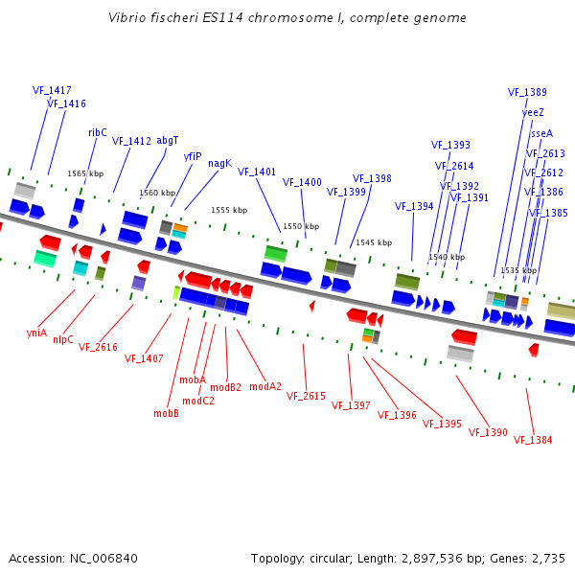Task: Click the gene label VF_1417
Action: (x=52, y=90)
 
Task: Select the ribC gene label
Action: (x=98, y=132)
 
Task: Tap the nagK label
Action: (x=219, y=163)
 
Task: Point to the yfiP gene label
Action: (x=193, y=155)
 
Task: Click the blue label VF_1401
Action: (x=257, y=172)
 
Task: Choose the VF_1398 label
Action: (x=372, y=178)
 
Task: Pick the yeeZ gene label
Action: (x=533, y=112)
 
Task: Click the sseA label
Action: (x=541, y=133)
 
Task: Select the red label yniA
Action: (x=36, y=333)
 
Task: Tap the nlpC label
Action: (x=63, y=339)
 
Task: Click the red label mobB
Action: (x=166, y=414)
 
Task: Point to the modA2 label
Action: (x=265, y=387)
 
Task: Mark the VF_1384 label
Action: (x=533, y=440)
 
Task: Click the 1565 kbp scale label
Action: (x=85, y=173)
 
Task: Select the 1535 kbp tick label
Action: (x=517, y=270)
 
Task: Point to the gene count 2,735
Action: (x=551, y=558)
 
